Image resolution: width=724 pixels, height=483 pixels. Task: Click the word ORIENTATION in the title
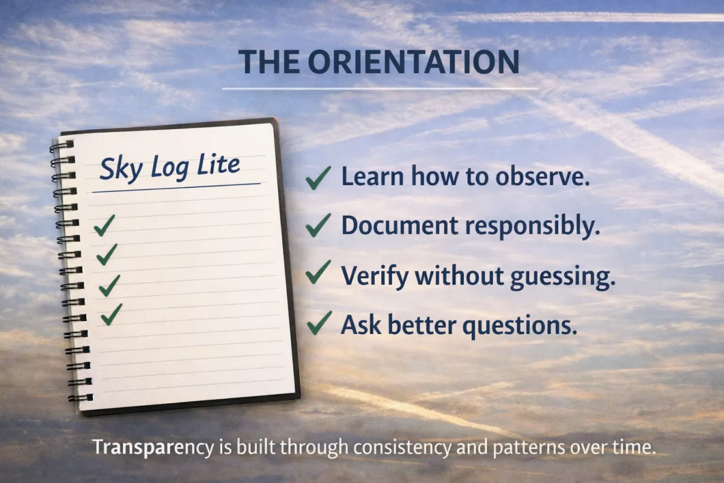coord(413,62)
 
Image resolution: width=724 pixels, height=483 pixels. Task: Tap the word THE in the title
coord(269,62)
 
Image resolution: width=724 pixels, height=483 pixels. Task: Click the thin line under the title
coord(380,88)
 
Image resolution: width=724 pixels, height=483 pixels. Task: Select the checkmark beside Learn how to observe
coord(319,178)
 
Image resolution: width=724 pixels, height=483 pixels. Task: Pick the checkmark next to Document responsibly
coord(319,225)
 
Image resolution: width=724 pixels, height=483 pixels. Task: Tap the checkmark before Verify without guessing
coord(319,272)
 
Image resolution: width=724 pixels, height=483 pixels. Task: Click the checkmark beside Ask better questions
coord(319,322)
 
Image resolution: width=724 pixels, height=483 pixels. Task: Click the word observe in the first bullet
coord(542,177)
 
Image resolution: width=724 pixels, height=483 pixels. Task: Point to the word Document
coord(399,225)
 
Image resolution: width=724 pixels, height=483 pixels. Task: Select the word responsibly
coord(533,226)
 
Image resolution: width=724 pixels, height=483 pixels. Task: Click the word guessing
coord(563,277)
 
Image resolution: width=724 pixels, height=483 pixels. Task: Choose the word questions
coord(519,326)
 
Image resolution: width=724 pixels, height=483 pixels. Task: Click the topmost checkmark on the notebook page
coord(104,225)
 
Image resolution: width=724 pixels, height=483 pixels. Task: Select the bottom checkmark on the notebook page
coord(112,315)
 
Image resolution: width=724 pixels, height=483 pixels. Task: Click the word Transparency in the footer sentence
coord(153,448)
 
